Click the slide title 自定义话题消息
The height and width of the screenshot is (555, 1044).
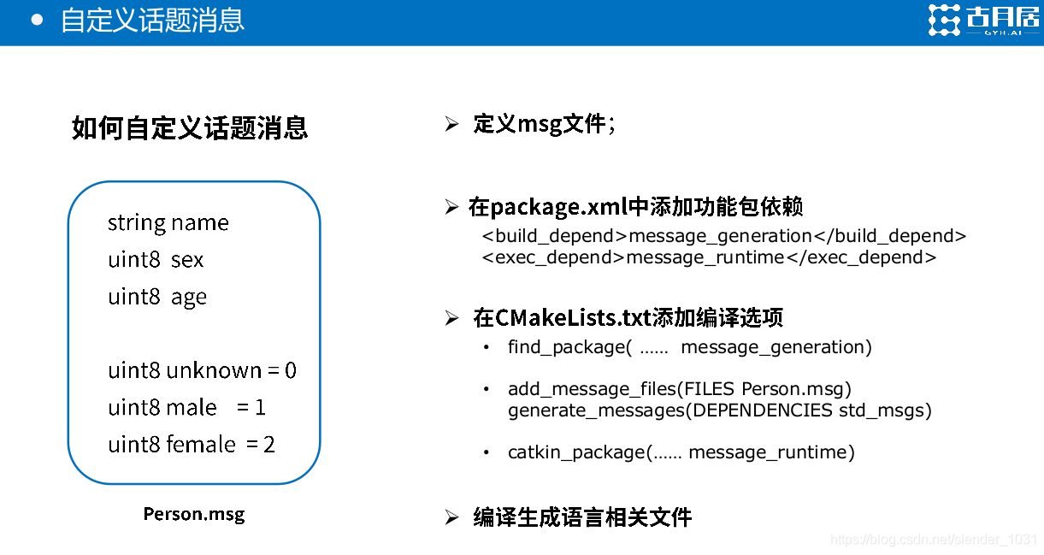coord(152,21)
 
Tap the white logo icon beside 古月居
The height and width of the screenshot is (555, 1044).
coord(945,21)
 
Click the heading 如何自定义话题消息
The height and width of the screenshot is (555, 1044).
coord(190,128)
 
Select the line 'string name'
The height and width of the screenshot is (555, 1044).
coord(168,223)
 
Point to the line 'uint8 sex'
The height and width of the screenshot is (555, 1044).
coord(156,260)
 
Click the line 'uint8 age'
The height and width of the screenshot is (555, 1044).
coord(157,297)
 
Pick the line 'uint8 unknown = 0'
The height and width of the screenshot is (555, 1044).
coord(202,370)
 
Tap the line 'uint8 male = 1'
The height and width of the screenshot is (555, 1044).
coord(186,408)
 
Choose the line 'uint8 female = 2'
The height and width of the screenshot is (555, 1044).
coord(192,445)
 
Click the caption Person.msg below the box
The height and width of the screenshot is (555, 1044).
coord(194,514)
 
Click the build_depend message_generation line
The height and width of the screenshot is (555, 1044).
coord(723,236)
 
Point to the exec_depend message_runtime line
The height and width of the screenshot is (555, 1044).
coord(709,257)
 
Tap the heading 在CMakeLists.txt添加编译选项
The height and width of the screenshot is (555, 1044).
coord(628,318)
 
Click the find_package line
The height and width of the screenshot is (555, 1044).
coord(689,347)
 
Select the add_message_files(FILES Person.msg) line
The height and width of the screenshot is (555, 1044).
coord(680,389)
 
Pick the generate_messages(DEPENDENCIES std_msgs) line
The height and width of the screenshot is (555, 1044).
coord(719,410)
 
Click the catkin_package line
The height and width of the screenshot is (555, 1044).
coord(681,452)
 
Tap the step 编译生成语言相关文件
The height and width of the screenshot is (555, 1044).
coord(582,517)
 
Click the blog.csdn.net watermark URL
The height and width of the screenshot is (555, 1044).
coord(934,540)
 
